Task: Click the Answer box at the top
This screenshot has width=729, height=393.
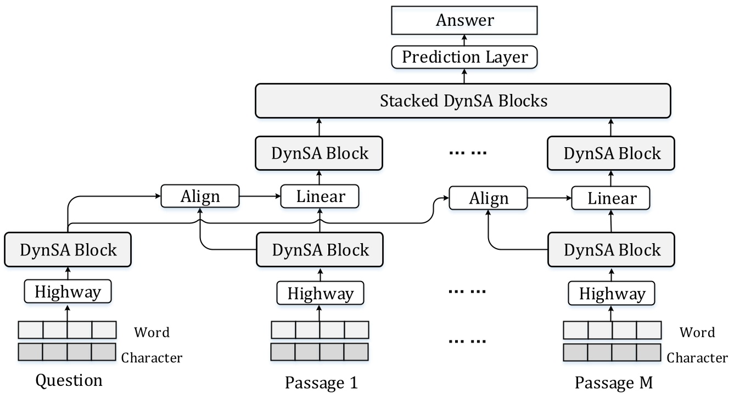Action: [x=464, y=21]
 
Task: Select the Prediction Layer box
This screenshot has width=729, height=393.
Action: [x=464, y=57]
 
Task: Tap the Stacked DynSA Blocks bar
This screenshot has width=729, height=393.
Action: [x=463, y=101]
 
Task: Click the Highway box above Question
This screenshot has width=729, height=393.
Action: [x=68, y=291]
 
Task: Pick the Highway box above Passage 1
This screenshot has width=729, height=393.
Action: [x=320, y=293]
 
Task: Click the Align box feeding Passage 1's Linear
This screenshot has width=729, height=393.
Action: [x=200, y=196]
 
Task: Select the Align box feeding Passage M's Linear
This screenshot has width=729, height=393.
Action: [x=488, y=198]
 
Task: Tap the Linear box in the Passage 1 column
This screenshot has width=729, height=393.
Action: [x=320, y=196]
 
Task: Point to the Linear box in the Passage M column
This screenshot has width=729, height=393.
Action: [x=612, y=198]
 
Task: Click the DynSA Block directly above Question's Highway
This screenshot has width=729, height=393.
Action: [x=68, y=250]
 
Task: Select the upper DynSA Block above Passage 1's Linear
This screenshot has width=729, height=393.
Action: [x=319, y=154]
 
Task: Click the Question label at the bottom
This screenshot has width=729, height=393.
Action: [x=69, y=380]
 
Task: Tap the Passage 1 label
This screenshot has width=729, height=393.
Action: [x=321, y=381]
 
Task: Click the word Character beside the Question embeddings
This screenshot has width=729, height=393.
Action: [x=152, y=358]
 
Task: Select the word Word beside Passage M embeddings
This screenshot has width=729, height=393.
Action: [x=697, y=332]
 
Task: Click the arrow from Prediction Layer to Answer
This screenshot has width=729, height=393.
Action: [x=464, y=40]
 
